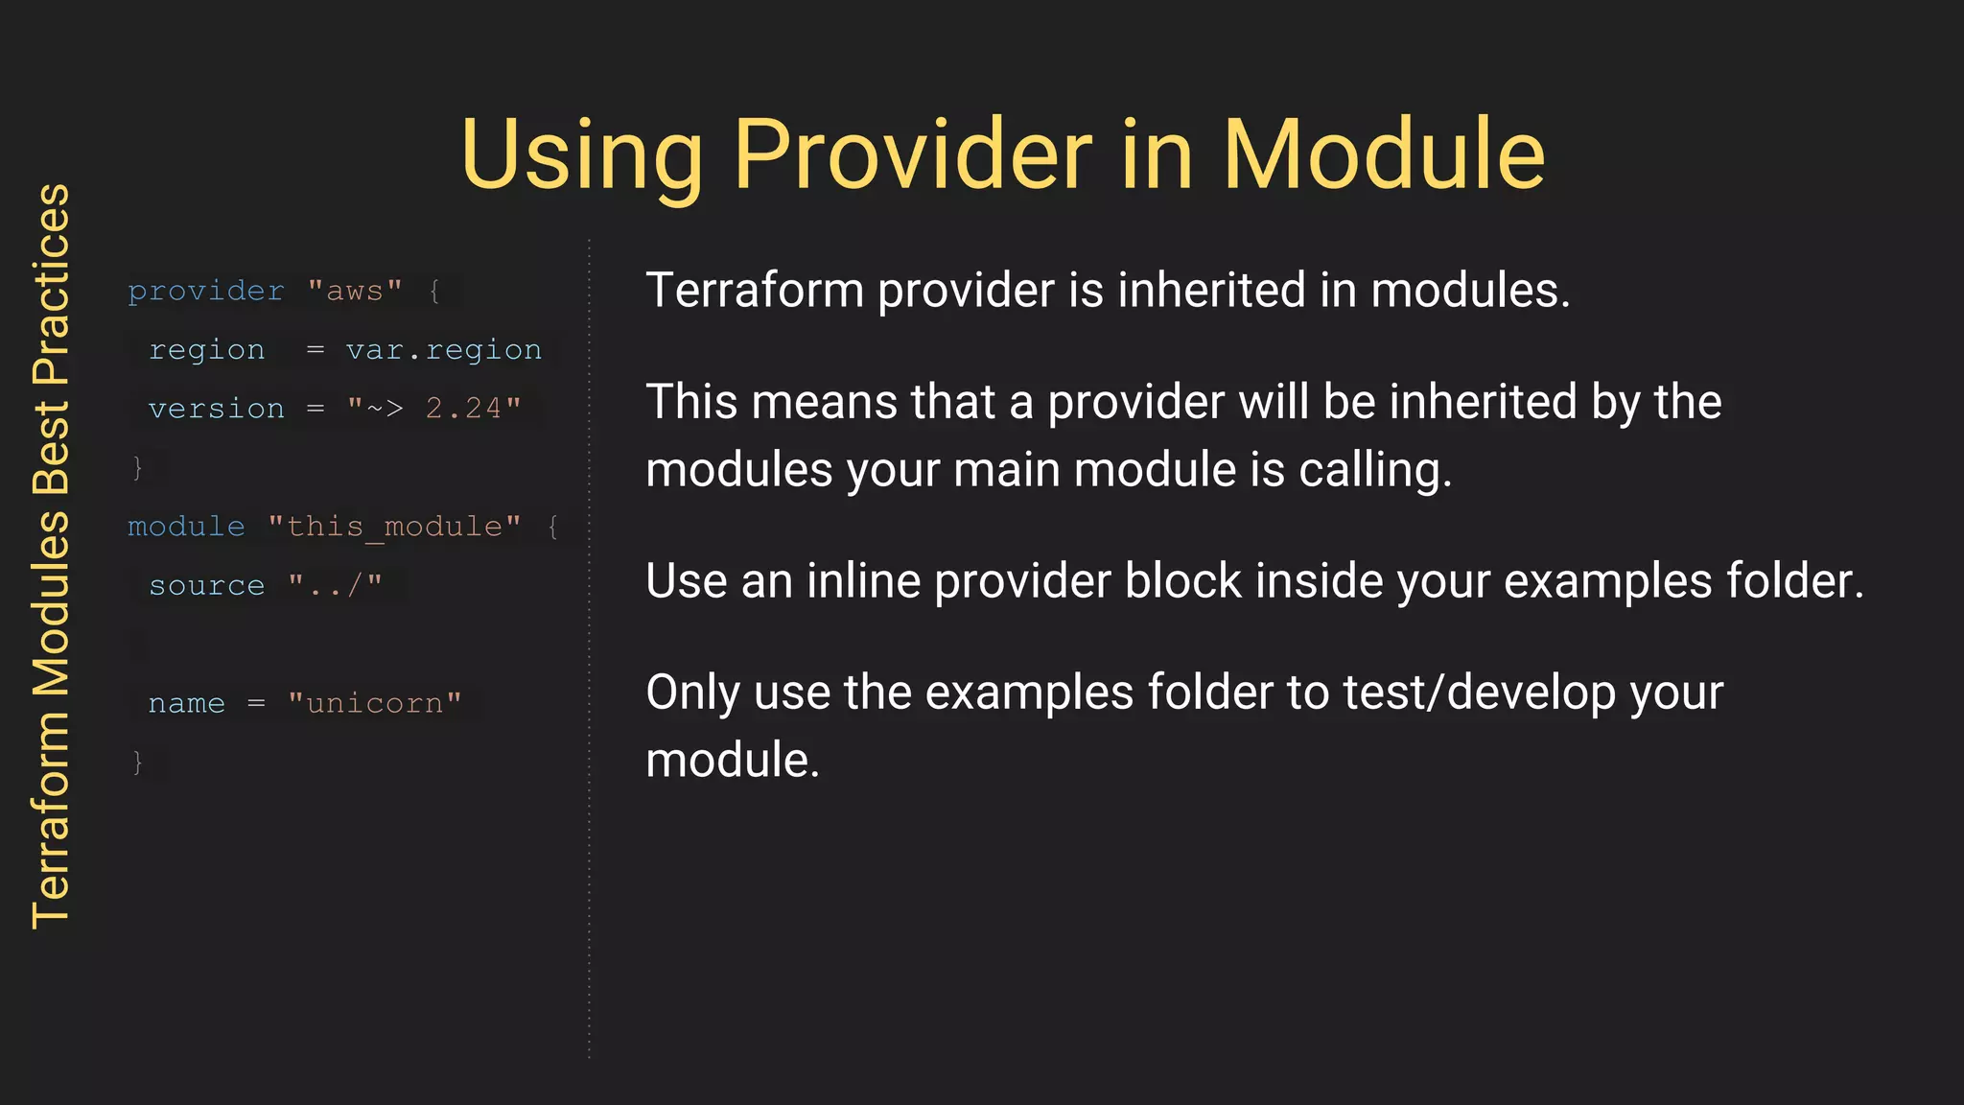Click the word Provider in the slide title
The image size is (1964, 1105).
tap(912, 154)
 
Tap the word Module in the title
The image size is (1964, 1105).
tap(1383, 154)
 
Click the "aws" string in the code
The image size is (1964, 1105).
tap(355, 291)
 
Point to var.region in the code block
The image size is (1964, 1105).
tap(443, 350)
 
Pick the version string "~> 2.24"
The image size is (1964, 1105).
tap(433, 409)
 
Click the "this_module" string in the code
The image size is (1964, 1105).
tap(394, 527)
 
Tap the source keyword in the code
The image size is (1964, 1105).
tap(206, 586)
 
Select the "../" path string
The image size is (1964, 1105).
tap(335, 585)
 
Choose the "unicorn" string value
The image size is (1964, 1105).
tap(374, 703)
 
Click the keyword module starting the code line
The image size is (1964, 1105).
tap(186, 527)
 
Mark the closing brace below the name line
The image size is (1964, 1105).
tap(138, 762)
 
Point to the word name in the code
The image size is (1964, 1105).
tap(186, 703)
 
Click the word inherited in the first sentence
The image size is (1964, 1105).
tap(1211, 290)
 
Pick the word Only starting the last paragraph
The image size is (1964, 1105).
tap(692, 693)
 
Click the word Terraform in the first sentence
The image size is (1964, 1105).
tap(755, 290)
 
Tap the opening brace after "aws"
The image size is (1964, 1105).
tap(434, 291)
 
